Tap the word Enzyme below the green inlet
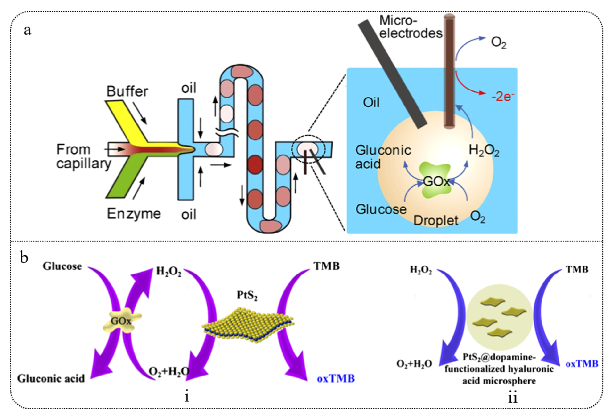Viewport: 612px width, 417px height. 134,214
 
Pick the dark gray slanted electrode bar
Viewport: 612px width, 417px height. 392,74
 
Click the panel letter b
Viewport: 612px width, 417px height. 24,258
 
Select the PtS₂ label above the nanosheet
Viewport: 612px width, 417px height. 247,295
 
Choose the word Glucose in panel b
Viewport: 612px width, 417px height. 62,266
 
